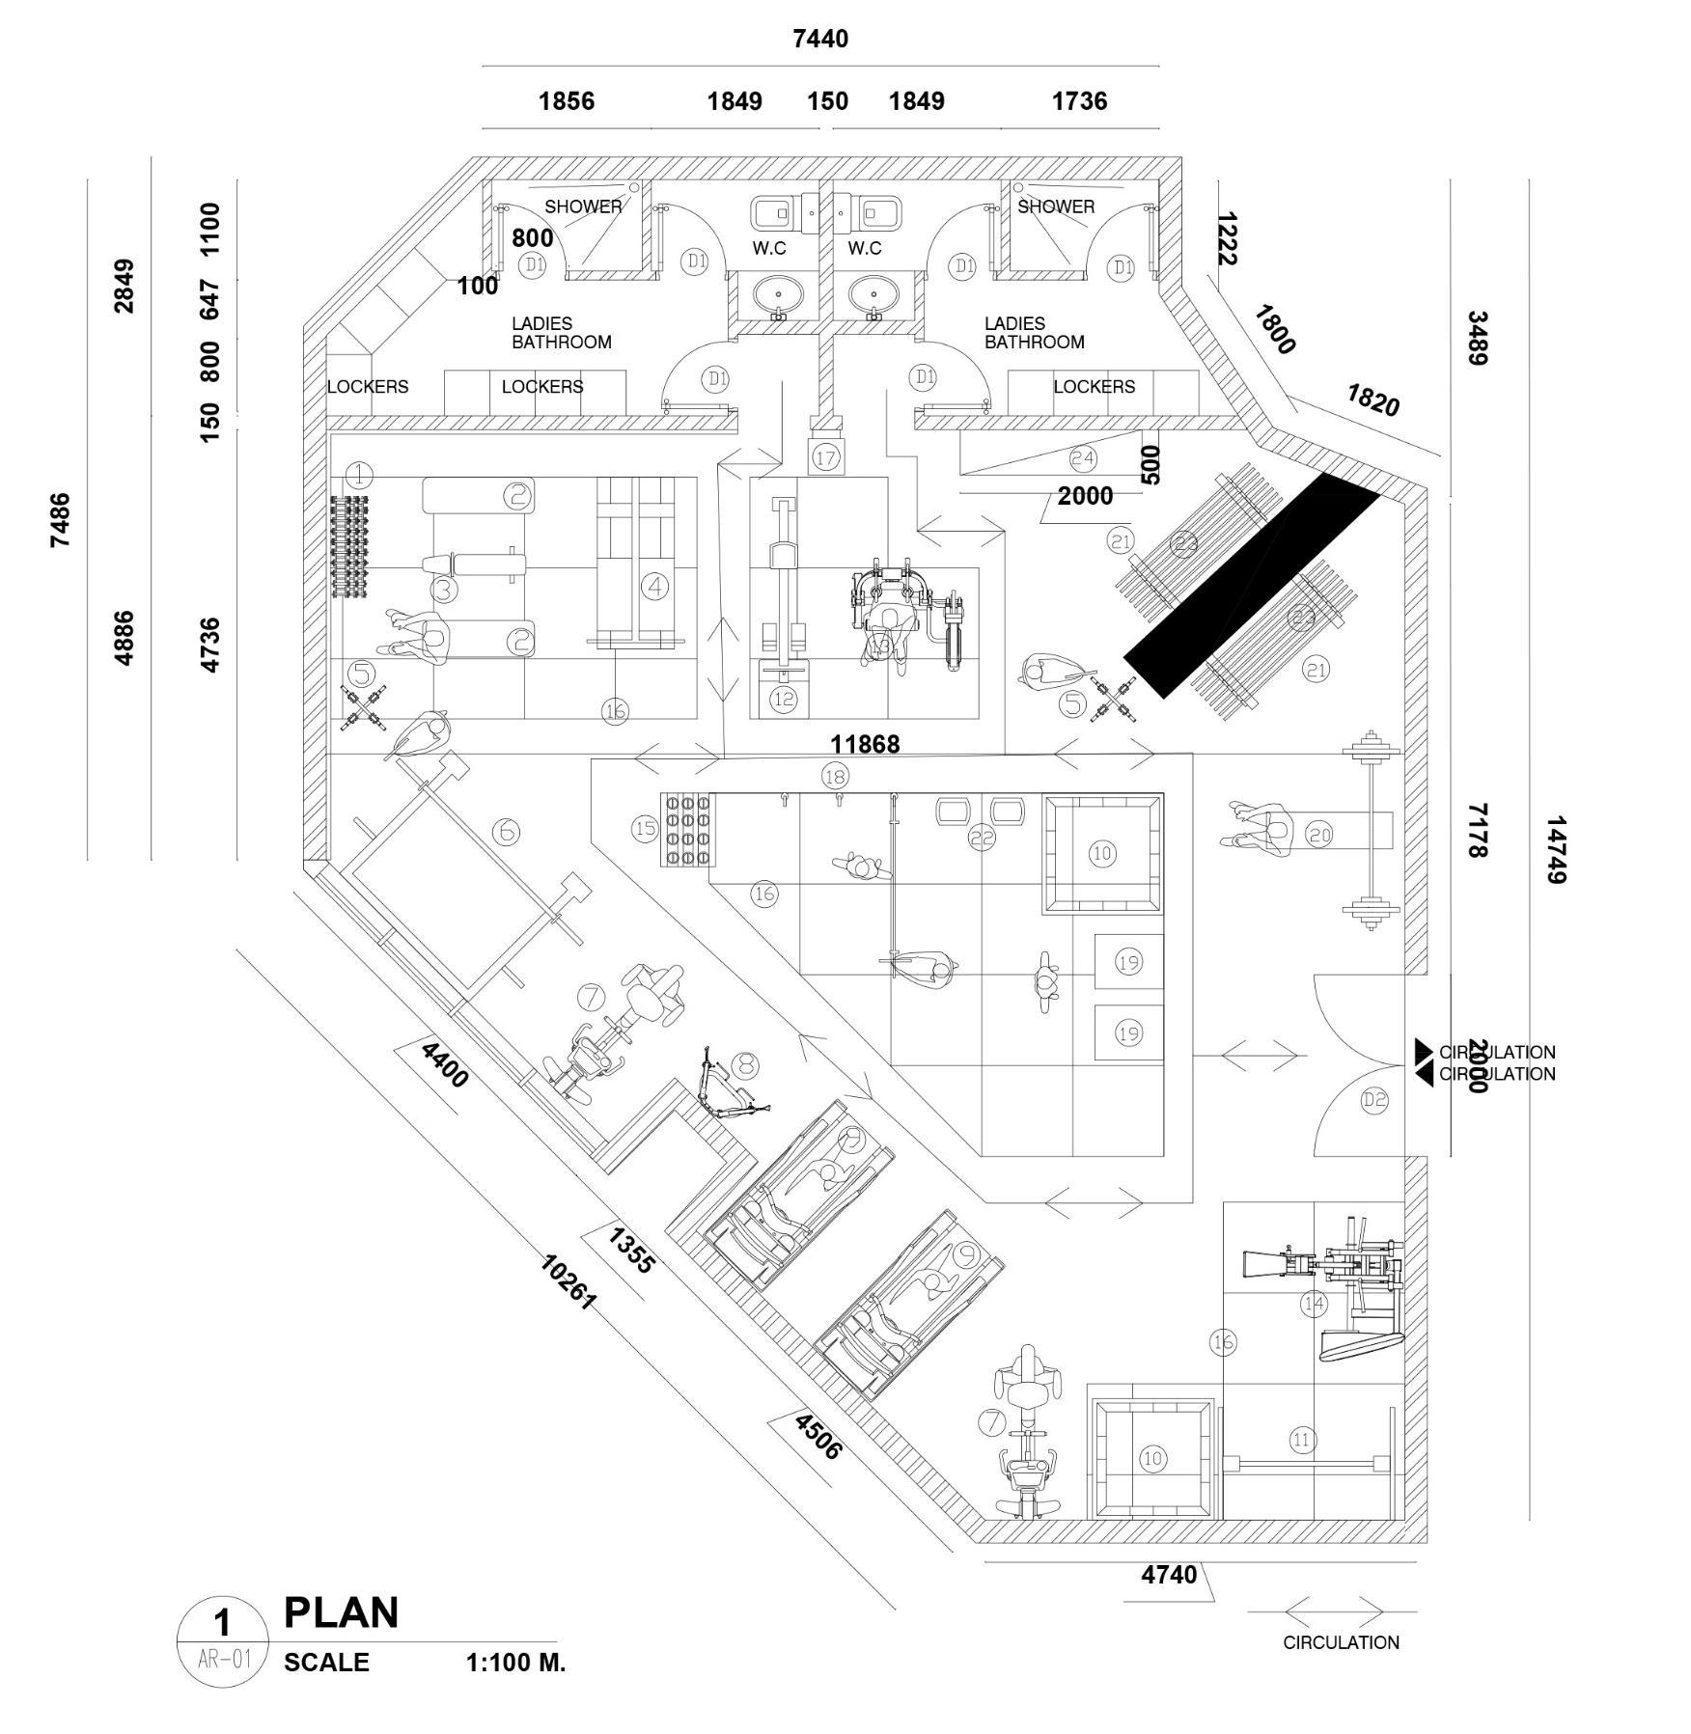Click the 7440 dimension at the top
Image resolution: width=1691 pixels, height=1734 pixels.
[x=819, y=39]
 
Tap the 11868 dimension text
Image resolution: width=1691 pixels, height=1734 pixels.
[x=865, y=744]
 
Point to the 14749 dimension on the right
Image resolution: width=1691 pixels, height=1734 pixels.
[x=1554, y=850]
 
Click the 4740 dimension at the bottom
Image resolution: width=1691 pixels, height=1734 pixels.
[x=1169, y=1575]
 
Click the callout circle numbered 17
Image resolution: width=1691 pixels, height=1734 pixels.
[x=825, y=456]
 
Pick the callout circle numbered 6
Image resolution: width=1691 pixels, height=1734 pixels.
[x=506, y=831]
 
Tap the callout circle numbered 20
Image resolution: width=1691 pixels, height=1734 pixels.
[x=1318, y=835]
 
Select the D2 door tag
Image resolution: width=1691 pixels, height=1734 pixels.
[x=1374, y=1100]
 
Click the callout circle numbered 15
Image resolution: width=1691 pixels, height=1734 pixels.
[x=645, y=828]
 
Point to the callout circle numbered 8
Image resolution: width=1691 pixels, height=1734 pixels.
[x=745, y=1065]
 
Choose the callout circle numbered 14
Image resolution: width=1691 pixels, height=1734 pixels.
[x=1314, y=1305]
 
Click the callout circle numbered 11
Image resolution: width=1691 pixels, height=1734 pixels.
[x=1302, y=1441]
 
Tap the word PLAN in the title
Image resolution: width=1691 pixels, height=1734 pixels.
[x=341, y=1613]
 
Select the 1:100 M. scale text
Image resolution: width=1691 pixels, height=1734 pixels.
[x=515, y=1663]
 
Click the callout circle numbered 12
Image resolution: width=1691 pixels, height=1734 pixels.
[x=783, y=699]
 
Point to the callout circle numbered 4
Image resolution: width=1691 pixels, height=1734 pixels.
[x=654, y=586]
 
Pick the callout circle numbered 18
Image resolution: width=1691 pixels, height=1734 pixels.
[x=835, y=776]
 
